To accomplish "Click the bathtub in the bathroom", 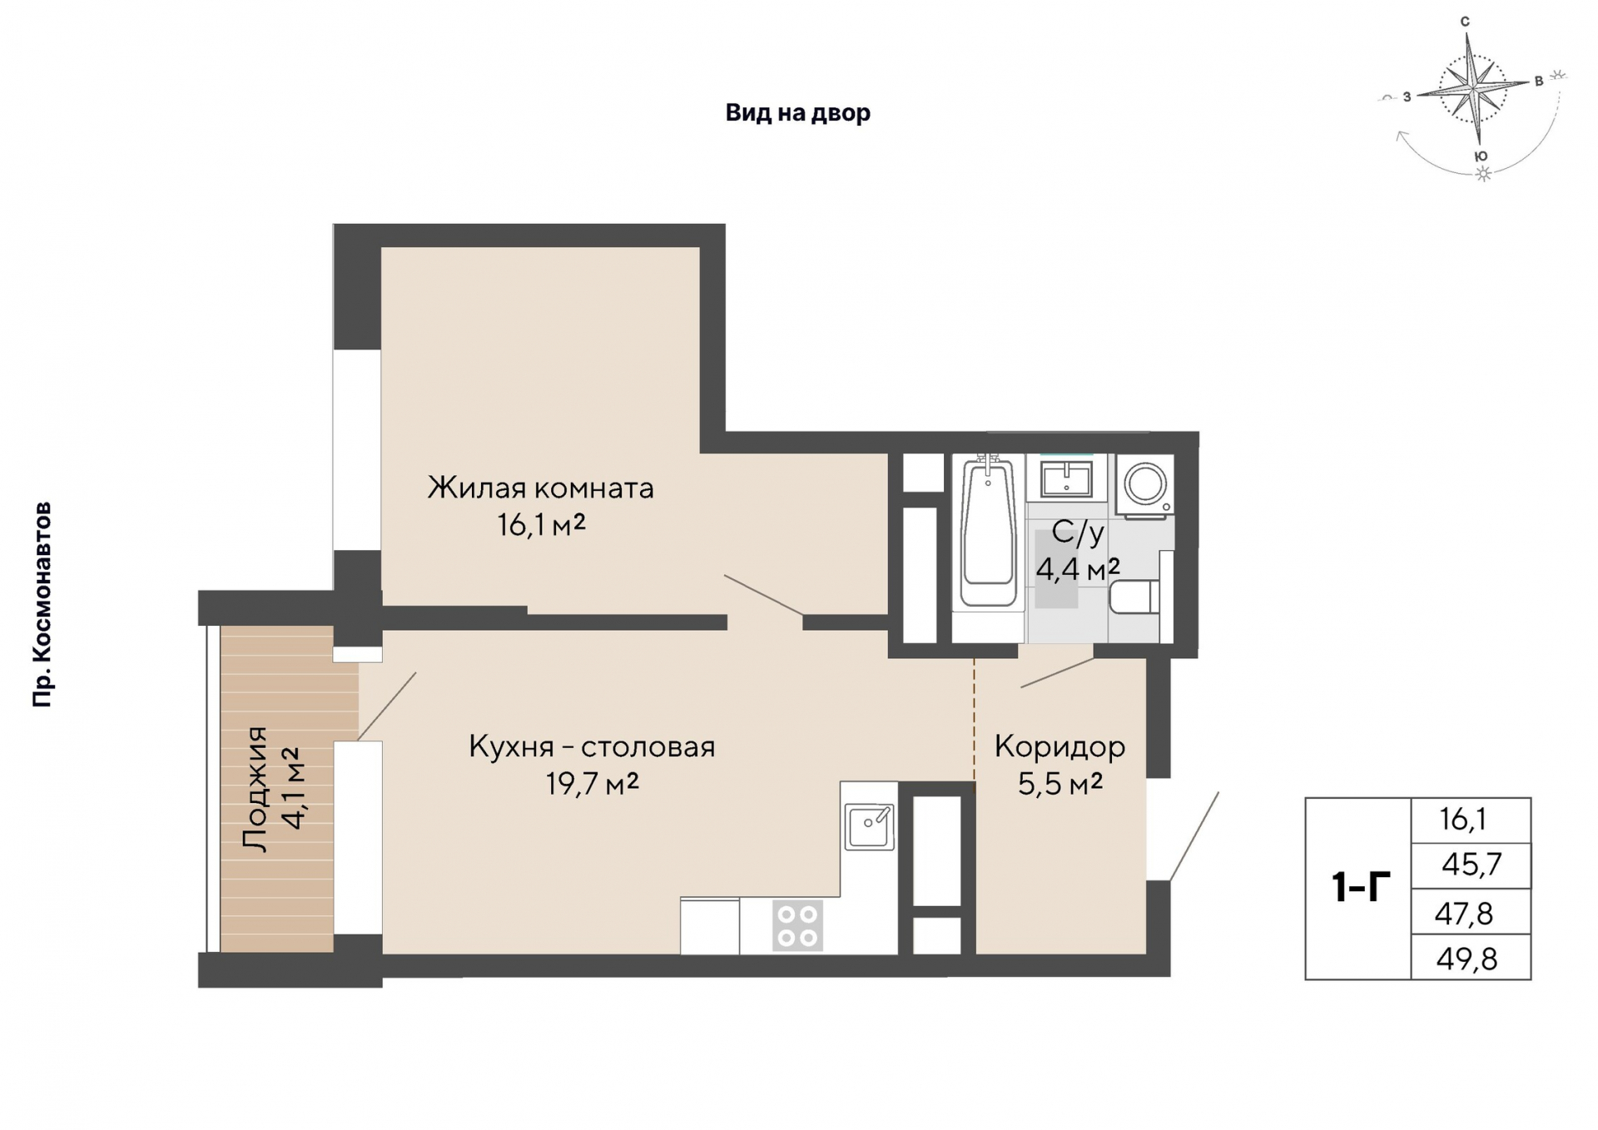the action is click(988, 533).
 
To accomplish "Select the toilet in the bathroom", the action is click(1134, 597).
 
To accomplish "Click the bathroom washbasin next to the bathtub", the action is click(1066, 479).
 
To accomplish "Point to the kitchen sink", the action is click(870, 826).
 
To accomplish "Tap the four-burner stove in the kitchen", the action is click(798, 925).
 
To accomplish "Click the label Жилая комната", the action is click(541, 488).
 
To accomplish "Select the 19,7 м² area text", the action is click(592, 783).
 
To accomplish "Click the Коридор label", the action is click(1060, 746).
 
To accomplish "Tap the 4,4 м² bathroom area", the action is click(1078, 569).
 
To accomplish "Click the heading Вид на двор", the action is click(798, 112).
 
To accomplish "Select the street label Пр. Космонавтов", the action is click(42, 605).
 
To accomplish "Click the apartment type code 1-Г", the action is click(1361, 887).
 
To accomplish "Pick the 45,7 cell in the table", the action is click(1471, 865).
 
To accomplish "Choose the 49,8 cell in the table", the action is click(1466, 959).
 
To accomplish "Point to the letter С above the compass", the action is click(1465, 22).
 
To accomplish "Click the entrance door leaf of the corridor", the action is click(1194, 836).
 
